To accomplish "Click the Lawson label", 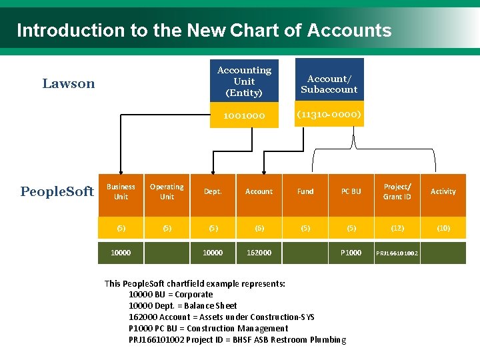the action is [x=69, y=83].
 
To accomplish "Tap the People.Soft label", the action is [x=57, y=192].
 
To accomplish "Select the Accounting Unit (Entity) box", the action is [x=244, y=81].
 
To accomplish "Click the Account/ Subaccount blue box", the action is [x=329, y=84].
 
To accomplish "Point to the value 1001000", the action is [x=244, y=115].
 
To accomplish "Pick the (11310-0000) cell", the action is [x=329, y=115].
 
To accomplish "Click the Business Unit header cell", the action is [x=121, y=192].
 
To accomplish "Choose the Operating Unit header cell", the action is [x=167, y=192].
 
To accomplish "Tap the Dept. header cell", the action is [x=213, y=192].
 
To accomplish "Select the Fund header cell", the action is [x=305, y=192].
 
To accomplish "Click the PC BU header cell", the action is [x=351, y=192].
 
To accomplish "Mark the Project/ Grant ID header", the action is [x=397, y=192].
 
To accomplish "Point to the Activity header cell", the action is [x=443, y=192].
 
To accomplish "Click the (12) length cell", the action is [x=397, y=228].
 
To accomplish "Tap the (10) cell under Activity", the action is [x=443, y=228].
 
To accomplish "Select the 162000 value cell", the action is [x=259, y=253].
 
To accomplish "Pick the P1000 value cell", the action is [x=351, y=253].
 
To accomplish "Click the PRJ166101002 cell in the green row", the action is [x=397, y=253].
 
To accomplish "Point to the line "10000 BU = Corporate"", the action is [x=171, y=295].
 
